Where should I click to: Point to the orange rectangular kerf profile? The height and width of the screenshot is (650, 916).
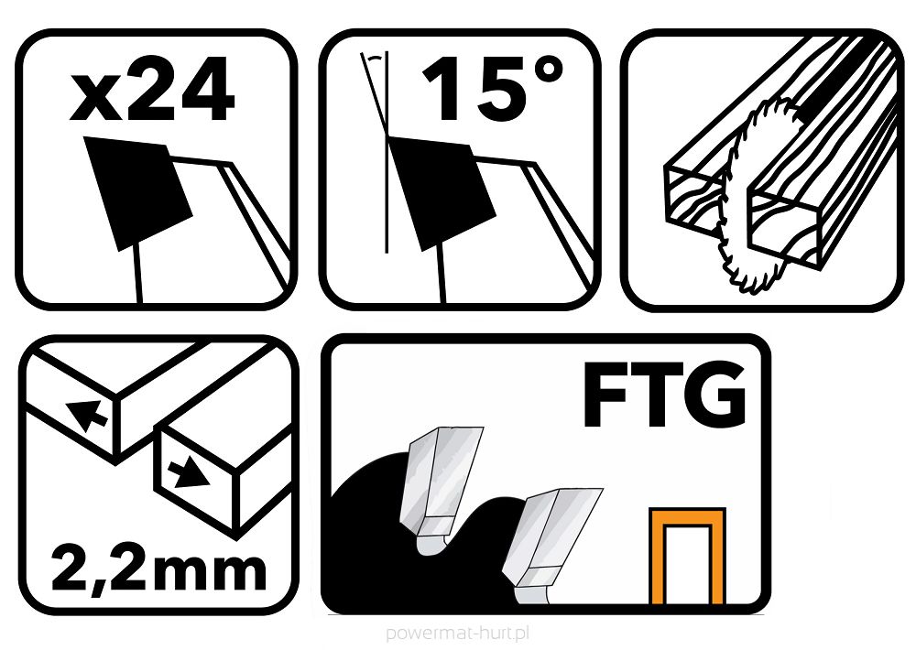686,558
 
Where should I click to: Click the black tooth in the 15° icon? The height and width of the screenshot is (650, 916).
431,188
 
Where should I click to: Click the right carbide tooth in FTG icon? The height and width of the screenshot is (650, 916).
550,540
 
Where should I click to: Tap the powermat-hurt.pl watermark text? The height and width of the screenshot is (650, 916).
458,633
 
